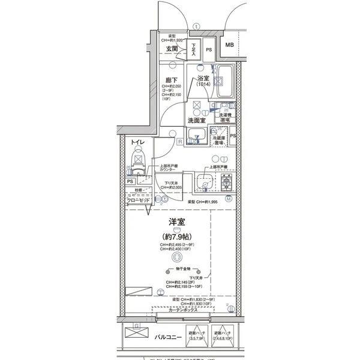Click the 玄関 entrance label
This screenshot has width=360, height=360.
click(x=172, y=49)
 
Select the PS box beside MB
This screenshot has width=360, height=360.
click(x=209, y=50)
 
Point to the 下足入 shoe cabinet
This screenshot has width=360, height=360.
click(x=194, y=49)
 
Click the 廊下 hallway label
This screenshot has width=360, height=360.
click(x=171, y=79)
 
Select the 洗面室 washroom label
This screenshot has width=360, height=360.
click(x=197, y=120)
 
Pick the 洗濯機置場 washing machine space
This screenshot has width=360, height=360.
click(x=224, y=116)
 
